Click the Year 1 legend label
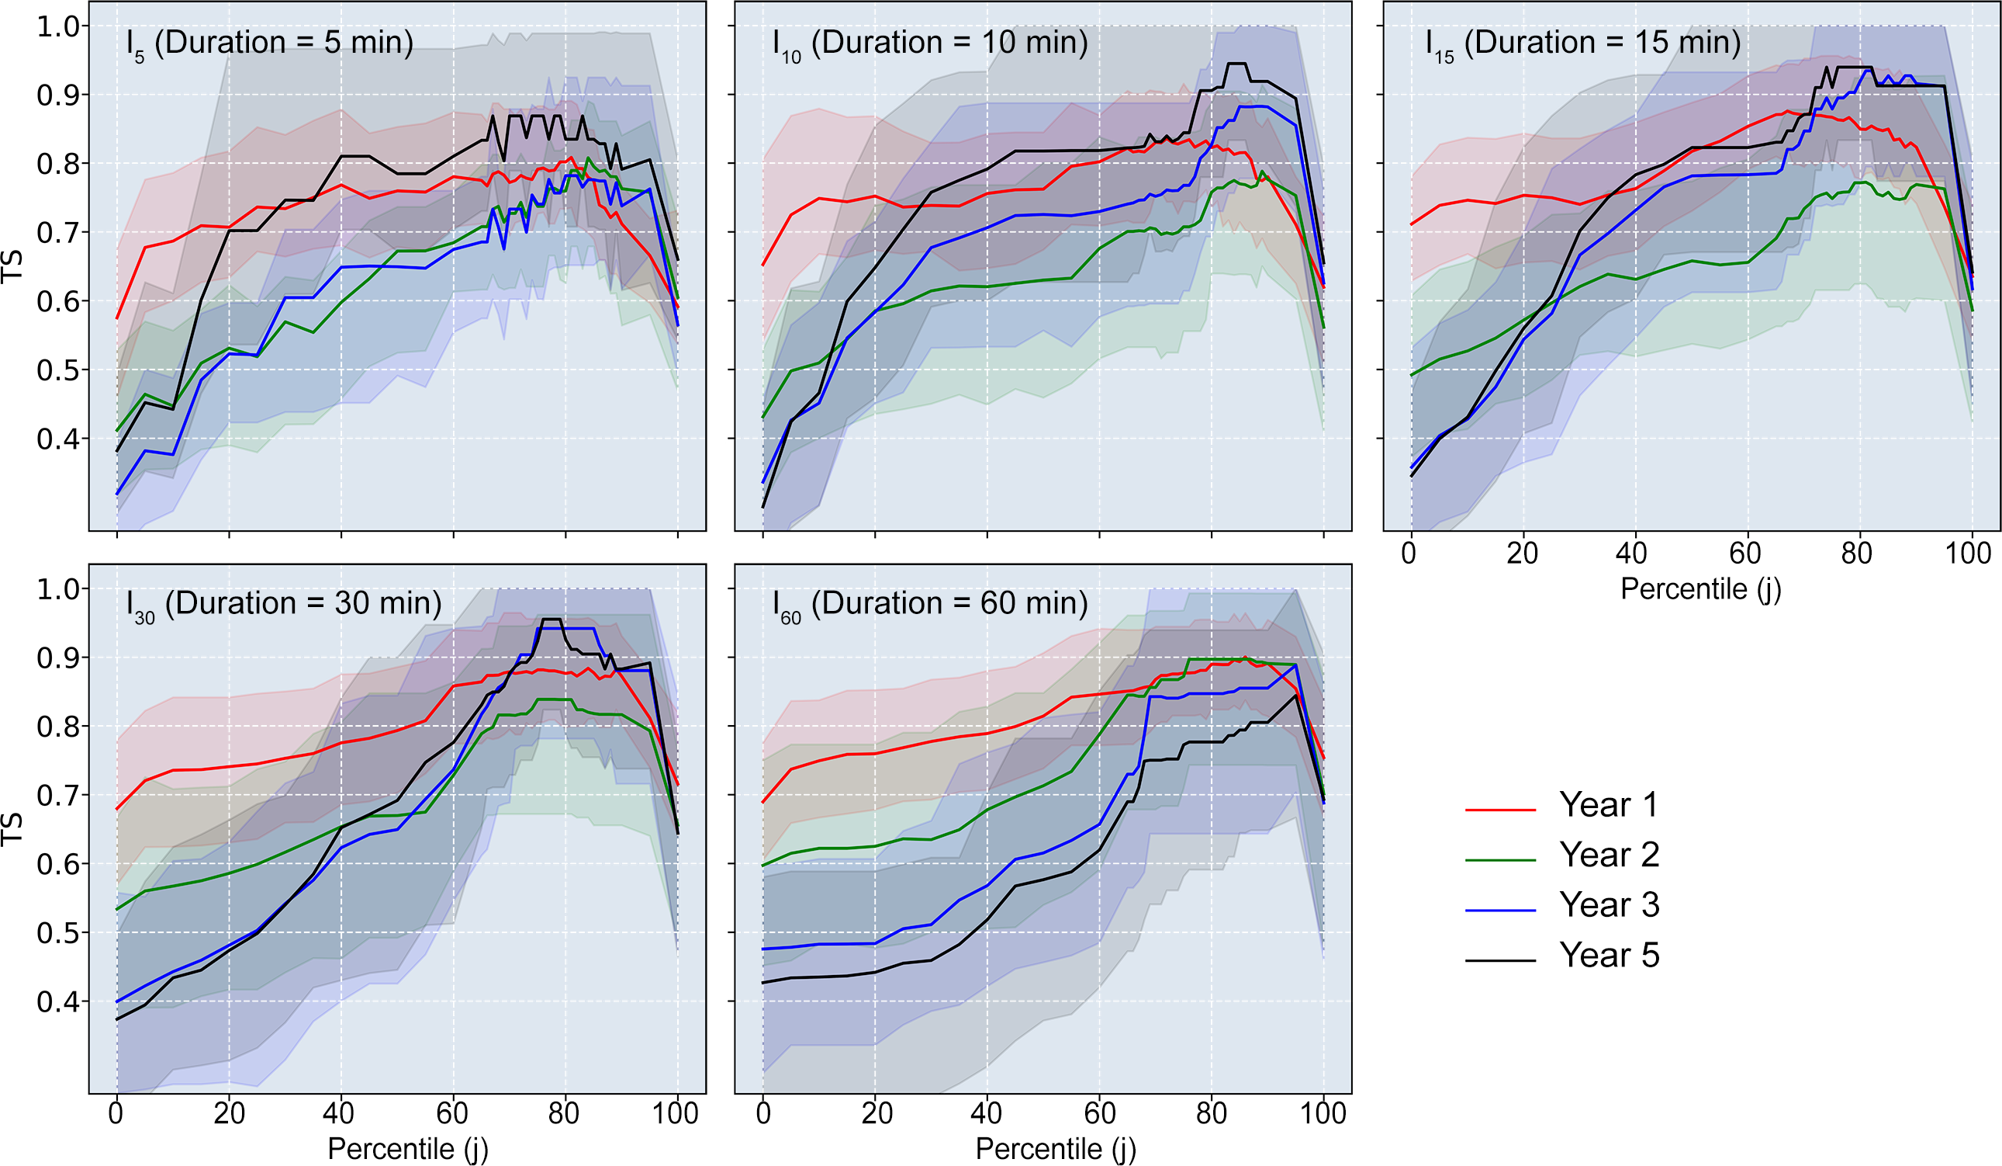[x=1609, y=804]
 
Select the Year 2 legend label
[x=1609, y=855]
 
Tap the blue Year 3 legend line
[x=1500, y=909]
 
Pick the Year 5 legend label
[x=1609, y=955]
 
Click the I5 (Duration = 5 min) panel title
[x=269, y=43]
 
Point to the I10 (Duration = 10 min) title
[x=929, y=43]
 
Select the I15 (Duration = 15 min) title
[x=1582, y=43]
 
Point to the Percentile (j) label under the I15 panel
[x=1700, y=589]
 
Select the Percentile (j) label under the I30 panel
[x=407, y=1148]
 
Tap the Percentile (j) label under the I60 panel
[x=1055, y=1148]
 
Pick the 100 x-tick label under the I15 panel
[x=1968, y=554]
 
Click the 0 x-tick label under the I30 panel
[x=116, y=1112]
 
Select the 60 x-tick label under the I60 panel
[x=1100, y=1112]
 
